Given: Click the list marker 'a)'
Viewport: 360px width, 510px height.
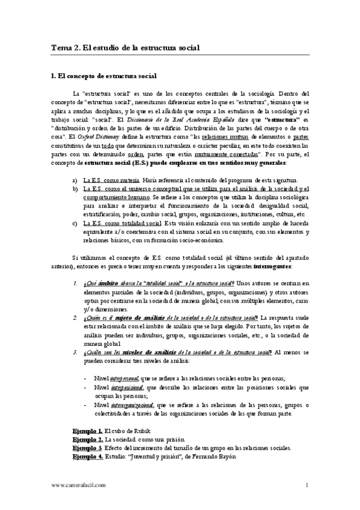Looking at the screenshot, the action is coord(75,181).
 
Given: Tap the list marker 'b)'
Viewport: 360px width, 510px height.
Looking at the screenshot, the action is coord(75,189).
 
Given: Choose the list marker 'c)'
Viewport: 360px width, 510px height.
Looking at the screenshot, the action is coord(75,223).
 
